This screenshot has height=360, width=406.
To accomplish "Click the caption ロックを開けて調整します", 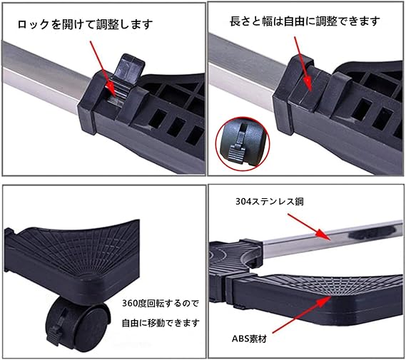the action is point(85,24).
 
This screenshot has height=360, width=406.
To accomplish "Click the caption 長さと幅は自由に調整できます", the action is point(305,21).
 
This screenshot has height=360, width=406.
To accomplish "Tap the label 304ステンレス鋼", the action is point(270,202).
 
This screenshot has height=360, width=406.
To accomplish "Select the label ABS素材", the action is point(249,339).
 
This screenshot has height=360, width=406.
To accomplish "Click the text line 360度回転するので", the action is point(161,303).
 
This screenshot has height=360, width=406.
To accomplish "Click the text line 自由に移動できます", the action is point(161,323).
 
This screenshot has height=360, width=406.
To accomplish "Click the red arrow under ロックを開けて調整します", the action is point(102,69).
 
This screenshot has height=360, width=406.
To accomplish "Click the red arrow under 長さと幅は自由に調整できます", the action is point(303,63).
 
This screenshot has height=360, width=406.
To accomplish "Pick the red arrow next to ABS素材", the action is point(302,315).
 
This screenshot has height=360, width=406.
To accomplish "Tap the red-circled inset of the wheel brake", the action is point(243,144).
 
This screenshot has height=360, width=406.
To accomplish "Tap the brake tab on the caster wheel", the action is point(56,334).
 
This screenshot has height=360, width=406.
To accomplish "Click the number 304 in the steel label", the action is point(242,202).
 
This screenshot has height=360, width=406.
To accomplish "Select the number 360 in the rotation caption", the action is point(128,304).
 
